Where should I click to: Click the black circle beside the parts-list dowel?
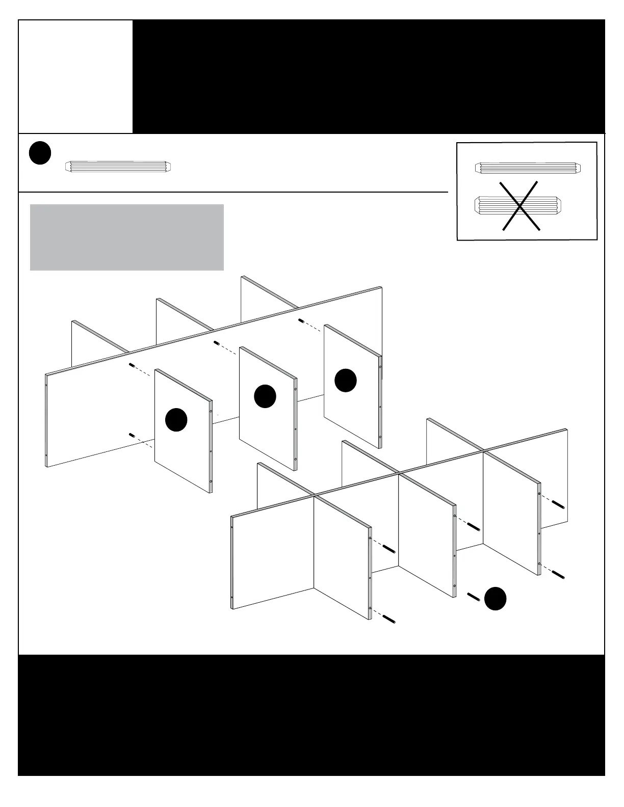click(x=40, y=153)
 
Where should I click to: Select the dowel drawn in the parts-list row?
click(x=119, y=167)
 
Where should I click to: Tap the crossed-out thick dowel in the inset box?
click(x=518, y=205)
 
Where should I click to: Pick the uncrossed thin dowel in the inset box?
click(x=528, y=168)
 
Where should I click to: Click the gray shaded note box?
click(x=127, y=237)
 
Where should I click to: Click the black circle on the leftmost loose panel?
click(x=176, y=420)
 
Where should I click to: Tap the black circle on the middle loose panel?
click(x=265, y=396)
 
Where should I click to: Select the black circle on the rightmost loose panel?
click(x=345, y=381)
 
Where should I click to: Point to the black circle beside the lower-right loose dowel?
click(x=495, y=599)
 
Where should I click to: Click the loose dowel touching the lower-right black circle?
click(x=474, y=597)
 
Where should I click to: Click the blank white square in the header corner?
click(x=75, y=76)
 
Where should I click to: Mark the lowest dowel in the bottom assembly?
click(x=389, y=619)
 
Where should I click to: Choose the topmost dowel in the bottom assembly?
click(x=558, y=505)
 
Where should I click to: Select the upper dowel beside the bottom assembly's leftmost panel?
click(x=389, y=549)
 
